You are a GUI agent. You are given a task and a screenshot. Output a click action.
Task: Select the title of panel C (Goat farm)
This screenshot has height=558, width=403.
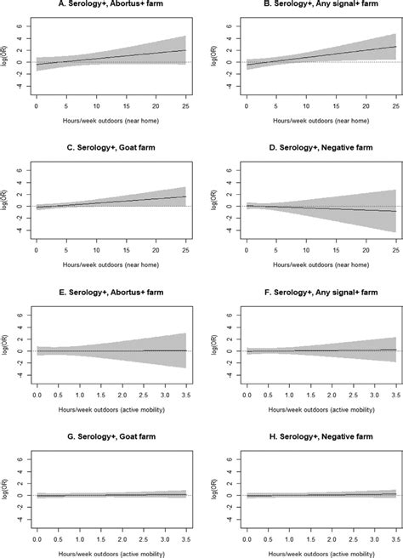[x=109, y=149]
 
